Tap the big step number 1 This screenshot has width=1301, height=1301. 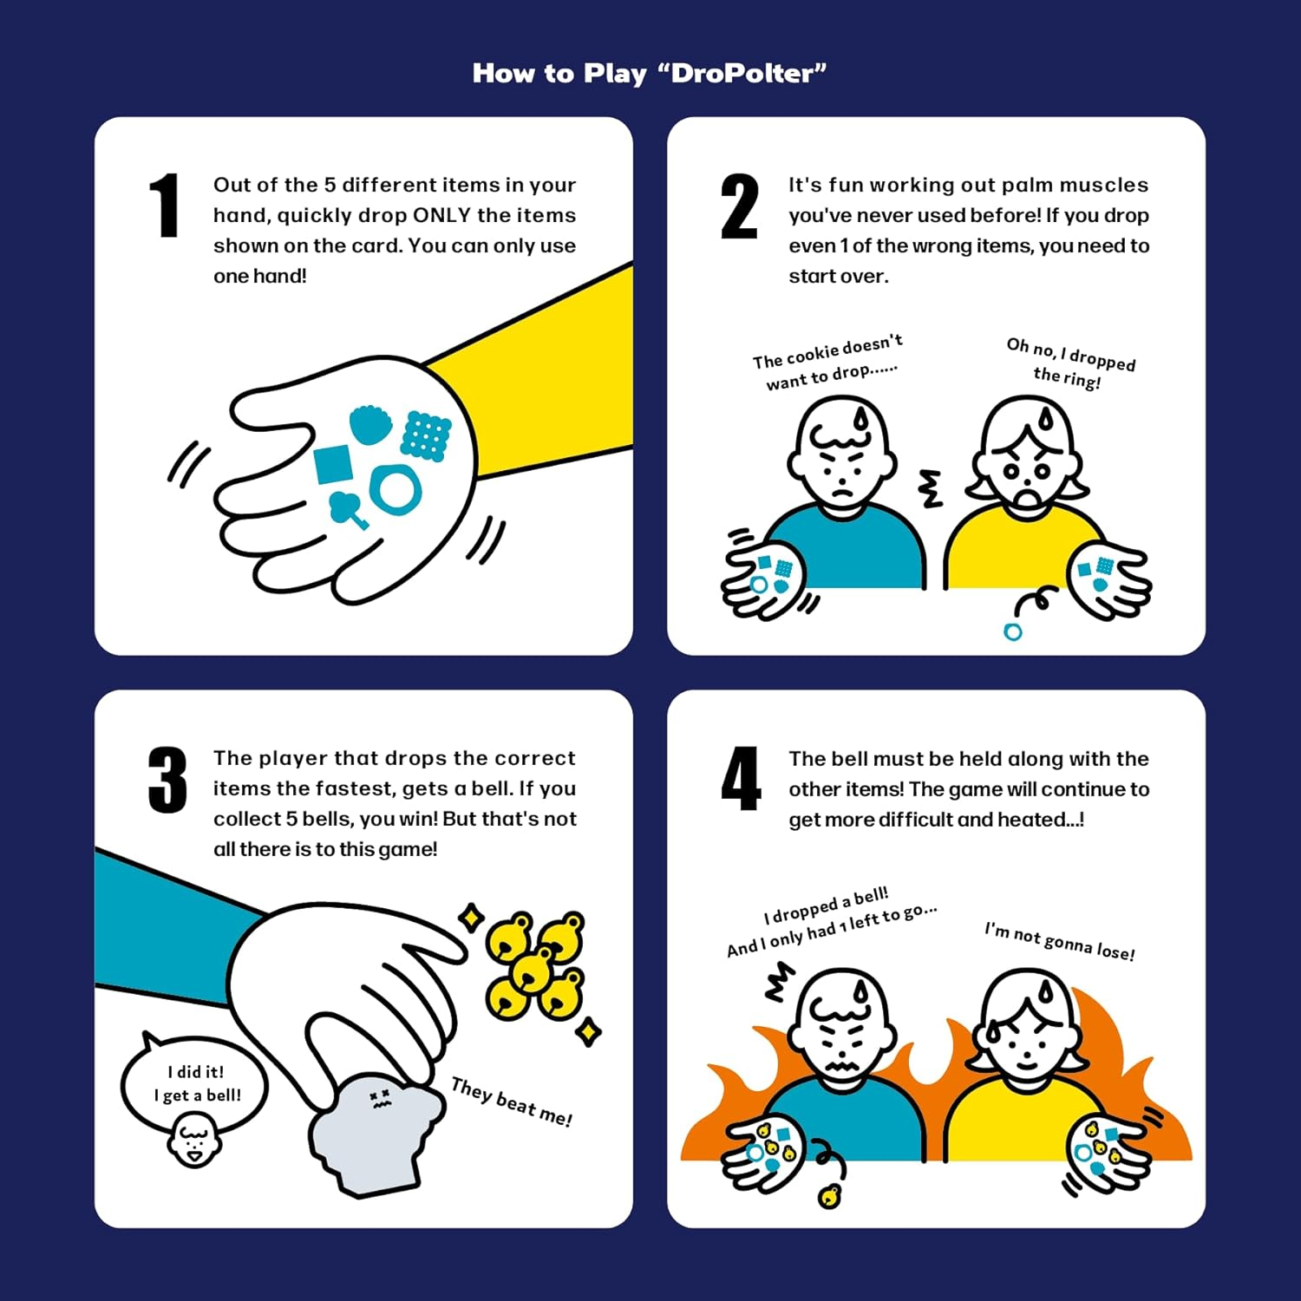164,206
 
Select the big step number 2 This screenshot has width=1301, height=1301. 739,206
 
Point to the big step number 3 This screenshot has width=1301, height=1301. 167,780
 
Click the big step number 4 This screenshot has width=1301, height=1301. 741,779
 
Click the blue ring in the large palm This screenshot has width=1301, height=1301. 396,489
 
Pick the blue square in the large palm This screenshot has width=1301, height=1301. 332,464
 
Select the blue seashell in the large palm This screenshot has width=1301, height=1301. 370,425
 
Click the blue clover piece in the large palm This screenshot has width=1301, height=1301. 348,508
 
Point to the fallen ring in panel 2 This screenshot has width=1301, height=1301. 1012,631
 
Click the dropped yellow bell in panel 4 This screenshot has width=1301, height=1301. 829,1197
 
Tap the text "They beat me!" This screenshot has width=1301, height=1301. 512,1102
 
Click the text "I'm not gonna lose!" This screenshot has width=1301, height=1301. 1059,941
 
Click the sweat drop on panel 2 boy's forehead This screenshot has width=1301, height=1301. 860,420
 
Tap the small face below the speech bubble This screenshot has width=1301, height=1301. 193,1141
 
